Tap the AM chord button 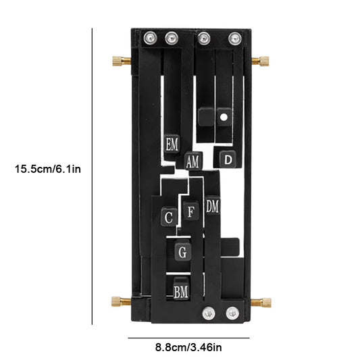point(192,162)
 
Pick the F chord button point(191,211)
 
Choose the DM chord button point(213,205)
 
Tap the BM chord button point(181,291)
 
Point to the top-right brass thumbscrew point(261,62)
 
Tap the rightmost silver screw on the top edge point(234,38)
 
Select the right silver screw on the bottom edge point(232,312)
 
